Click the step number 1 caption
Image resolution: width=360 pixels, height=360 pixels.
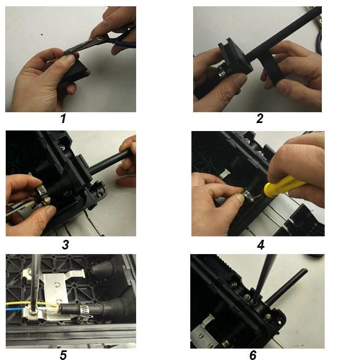pyautogui.click(x=63, y=118)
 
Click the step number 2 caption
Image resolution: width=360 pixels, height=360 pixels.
pyautogui.click(x=260, y=118)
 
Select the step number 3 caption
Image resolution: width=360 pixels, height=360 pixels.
pyautogui.click(x=66, y=244)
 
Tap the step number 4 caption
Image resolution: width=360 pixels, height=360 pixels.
pyautogui.click(x=261, y=245)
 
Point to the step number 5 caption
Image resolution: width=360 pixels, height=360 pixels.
pyautogui.click(x=63, y=355)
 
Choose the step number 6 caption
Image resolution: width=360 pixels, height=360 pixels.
pyautogui.click(x=253, y=355)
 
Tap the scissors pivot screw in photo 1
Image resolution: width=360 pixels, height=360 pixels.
pyautogui.click(x=99, y=38)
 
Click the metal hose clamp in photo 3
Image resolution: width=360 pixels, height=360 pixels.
pyautogui.click(x=43, y=194)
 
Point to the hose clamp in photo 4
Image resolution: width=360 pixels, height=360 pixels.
pyautogui.click(x=248, y=195)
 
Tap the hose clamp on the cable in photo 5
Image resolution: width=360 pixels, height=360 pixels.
pyautogui.click(x=85, y=310)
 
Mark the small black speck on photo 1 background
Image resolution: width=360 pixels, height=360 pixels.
pyautogui.click(x=42, y=35)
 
